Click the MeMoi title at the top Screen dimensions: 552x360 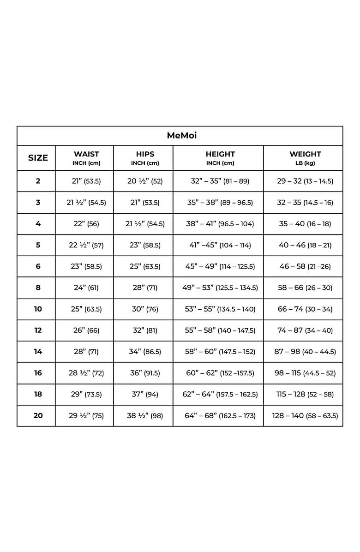tap(180, 136)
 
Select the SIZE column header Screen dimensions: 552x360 tap(38, 158)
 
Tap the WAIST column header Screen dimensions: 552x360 tap(86, 157)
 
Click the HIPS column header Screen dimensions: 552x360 tap(145, 157)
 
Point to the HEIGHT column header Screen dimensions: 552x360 tap(220, 157)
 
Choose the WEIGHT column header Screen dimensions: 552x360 tap(305, 157)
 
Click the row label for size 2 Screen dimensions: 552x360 tap(38, 181)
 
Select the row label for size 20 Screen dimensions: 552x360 tap(38, 415)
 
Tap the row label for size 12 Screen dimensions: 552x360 tap(38, 330)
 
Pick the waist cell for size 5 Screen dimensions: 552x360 tap(86, 245)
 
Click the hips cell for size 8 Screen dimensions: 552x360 tap(145, 288)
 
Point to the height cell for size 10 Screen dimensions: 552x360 tap(220, 309)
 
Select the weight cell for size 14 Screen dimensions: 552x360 tap(305, 351)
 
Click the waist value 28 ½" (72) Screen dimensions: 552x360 tap(86, 373)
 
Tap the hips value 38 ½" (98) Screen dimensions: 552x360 tap(145, 415)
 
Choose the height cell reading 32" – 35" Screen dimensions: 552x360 tap(220, 181)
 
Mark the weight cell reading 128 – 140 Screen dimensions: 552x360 tap(305, 415)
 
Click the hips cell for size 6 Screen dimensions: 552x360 tap(145, 266)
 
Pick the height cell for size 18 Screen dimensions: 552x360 tap(220, 394)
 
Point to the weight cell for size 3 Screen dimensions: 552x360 tap(305, 202)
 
